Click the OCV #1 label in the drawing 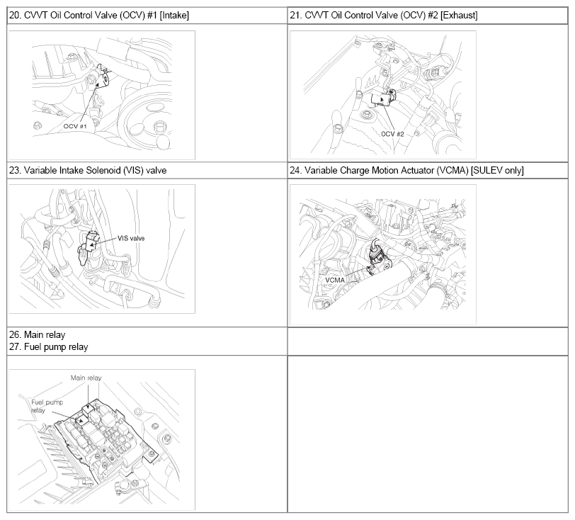click(x=75, y=126)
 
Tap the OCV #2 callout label click(x=392, y=134)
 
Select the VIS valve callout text click(x=131, y=238)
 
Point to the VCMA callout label click(x=335, y=280)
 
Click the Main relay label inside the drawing click(x=86, y=378)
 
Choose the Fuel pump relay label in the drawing click(x=47, y=406)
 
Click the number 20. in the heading click(x=15, y=15)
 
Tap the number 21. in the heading click(x=296, y=15)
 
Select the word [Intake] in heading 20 click(x=174, y=16)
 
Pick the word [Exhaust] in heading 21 click(x=459, y=16)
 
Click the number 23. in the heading click(x=15, y=170)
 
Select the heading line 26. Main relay click(x=37, y=334)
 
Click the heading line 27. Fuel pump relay click(x=48, y=347)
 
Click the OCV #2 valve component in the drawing click(x=383, y=98)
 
